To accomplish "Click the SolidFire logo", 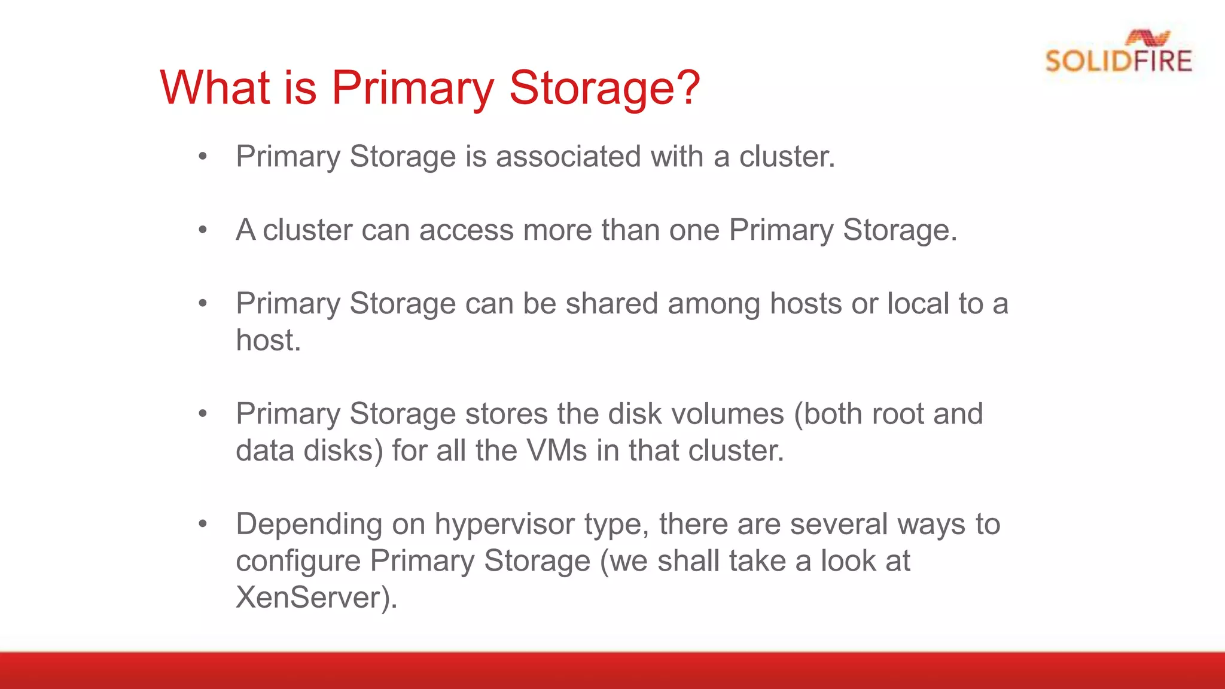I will [1119, 53].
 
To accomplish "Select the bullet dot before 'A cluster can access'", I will [203, 230].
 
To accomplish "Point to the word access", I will [466, 230].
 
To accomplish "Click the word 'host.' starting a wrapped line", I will [268, 340].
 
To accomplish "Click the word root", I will [895, 414].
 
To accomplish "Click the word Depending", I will [309, 525].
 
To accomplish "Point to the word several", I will [839, 525].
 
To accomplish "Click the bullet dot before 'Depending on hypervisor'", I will [203, 524].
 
